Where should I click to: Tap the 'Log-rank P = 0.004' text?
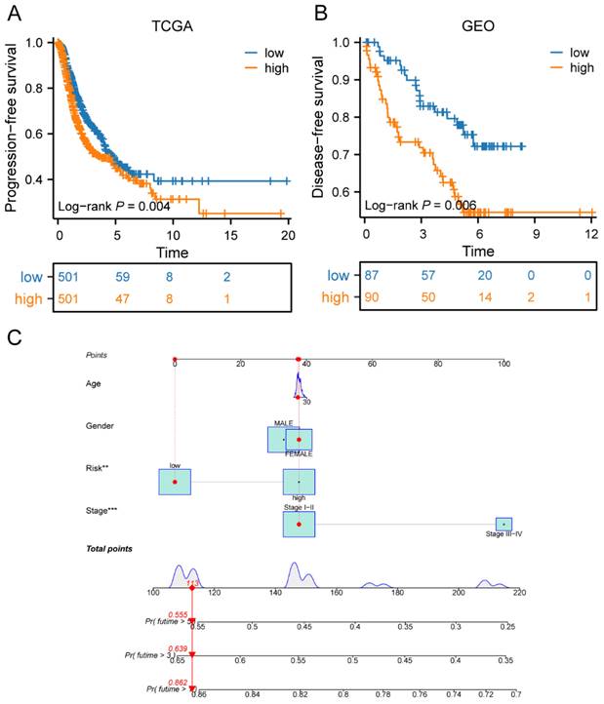[x=114, y=206]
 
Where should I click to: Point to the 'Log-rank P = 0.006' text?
[x=421, y=206]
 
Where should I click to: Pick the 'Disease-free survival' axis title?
[x=319, y=121]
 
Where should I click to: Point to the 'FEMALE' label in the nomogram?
[x=299, y=453]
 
